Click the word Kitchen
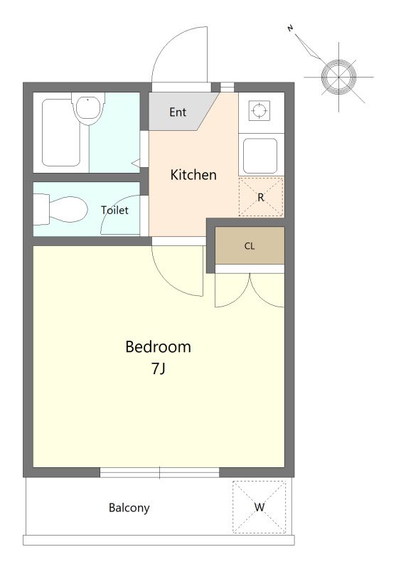(193, 175)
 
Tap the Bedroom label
(158, 347)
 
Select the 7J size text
(159, 368)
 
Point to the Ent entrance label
(178, 112)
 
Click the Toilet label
(114, 210)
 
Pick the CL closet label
(250, 246)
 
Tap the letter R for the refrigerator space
(261, 198)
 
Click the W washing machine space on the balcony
(259, 507)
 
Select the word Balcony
(129, 508)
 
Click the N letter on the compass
(290, 28)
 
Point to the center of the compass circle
(338, 77)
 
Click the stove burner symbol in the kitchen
(259, 110)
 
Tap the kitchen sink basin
(260, 156)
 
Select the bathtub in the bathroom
(61, 132)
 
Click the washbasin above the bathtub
(88, 109)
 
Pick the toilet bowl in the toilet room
(69, 209)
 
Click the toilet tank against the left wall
(41, 209)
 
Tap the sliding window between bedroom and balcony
(159, 472)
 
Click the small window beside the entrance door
(228, 87)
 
